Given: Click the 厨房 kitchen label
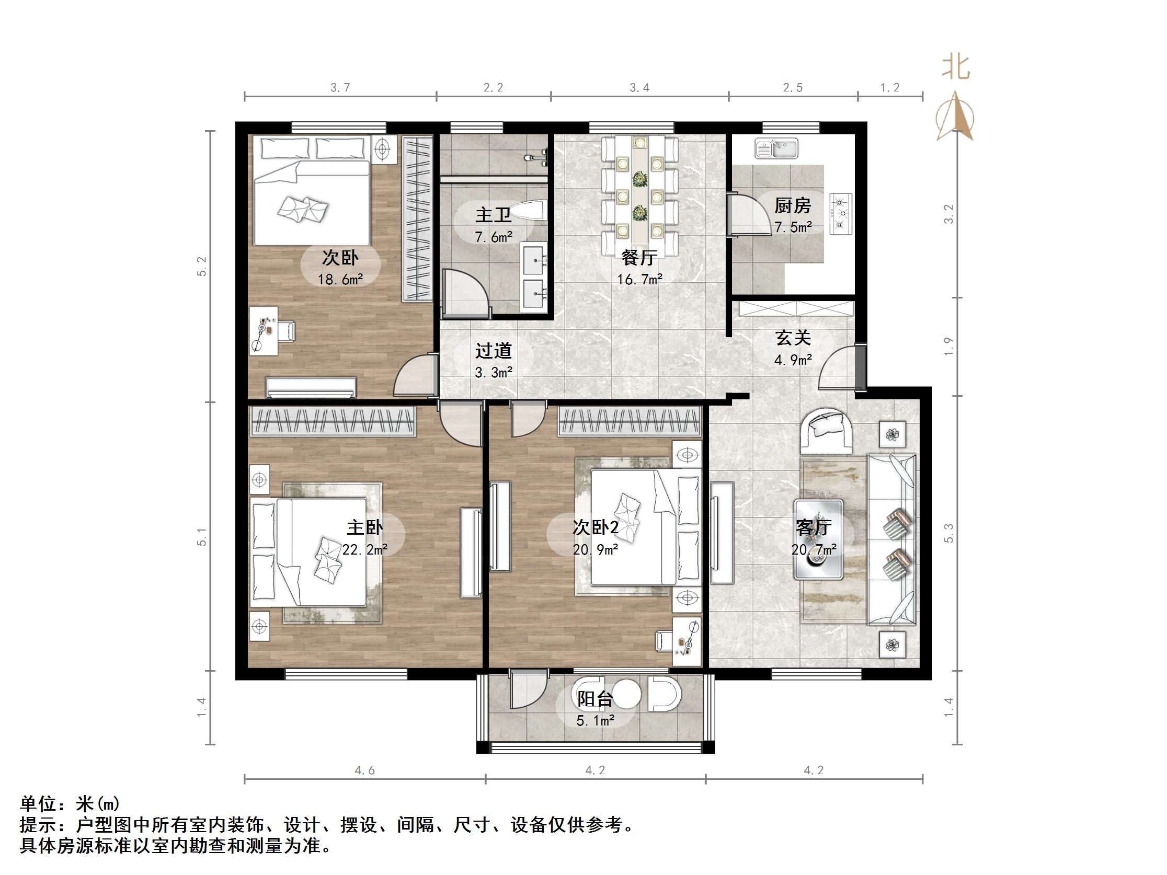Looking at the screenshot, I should (x=792, y=206).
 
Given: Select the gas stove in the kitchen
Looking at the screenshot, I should (x=841, y=214).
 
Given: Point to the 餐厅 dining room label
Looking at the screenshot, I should (x=639, y=257).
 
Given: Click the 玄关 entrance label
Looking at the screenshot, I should (x=793, y=338).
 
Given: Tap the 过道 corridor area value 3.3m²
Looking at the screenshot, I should (x=493, y=373).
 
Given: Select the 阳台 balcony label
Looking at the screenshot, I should (x=594, y=698).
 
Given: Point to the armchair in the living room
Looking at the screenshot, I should (x=827, y=431).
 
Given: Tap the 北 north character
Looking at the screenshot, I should (x=956, y=67).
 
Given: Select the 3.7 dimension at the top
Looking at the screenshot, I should (x=340, y=88).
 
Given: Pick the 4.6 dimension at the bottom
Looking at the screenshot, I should (x=364, y=770).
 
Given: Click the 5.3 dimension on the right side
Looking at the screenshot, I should (x=949, y=533).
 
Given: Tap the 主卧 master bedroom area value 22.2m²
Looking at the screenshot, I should (x=364, y=549).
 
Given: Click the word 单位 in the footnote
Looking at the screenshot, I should (x=38, y=804).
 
